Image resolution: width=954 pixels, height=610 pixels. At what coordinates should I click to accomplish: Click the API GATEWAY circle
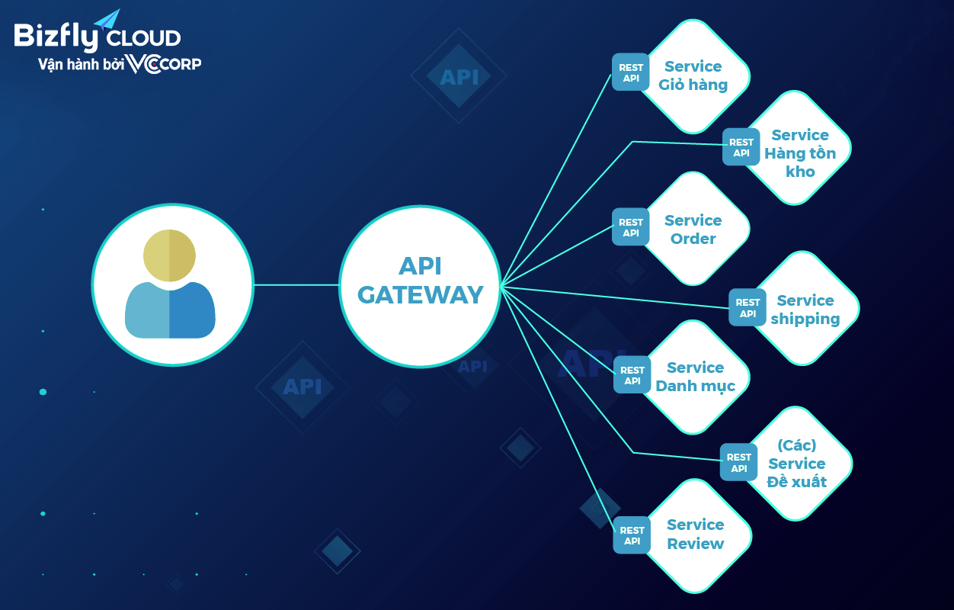pyautogui.click(x=420, y=286)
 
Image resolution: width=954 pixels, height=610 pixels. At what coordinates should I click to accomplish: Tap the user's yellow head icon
pyautogui.click(x=169, y=255)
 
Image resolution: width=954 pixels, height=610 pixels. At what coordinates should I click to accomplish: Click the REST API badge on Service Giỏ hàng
pyautogui.click(x=631, y=72)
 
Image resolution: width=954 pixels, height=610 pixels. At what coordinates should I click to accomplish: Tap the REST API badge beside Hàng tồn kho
pyautogui.click(x=741, y=147)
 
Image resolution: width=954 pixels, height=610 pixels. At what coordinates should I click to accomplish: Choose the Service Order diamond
pyautogui.click(x=693, y=230)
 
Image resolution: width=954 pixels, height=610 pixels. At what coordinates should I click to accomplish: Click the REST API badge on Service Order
pyautogui.click(x=631, y=227)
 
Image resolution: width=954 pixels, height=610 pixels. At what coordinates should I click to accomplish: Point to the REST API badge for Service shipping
pyautogui.click(x=748, y=307)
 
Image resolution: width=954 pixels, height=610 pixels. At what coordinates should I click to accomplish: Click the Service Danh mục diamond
pyautogui.click(x=695, y=377)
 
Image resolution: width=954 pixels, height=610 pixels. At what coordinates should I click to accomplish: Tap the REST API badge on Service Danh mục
pyautogui.click(x=632, y=375)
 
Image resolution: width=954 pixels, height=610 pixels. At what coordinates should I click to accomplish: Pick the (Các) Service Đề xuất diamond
pyautogui.click(x=797, y=464)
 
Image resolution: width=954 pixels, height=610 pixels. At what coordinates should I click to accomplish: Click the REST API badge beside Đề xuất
pyautogui.click(x=738, y=462)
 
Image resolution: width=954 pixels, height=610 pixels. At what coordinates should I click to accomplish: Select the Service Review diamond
pyautogui.click(x=695, y=535)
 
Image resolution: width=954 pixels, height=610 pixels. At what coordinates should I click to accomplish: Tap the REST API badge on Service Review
pyautogui.click(x=632, y=535)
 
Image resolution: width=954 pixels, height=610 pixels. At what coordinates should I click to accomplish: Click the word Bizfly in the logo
pyautogui.click(x=55, y=37)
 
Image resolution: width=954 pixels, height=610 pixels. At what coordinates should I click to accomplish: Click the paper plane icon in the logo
pyautogui.click(x=108, y=19)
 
